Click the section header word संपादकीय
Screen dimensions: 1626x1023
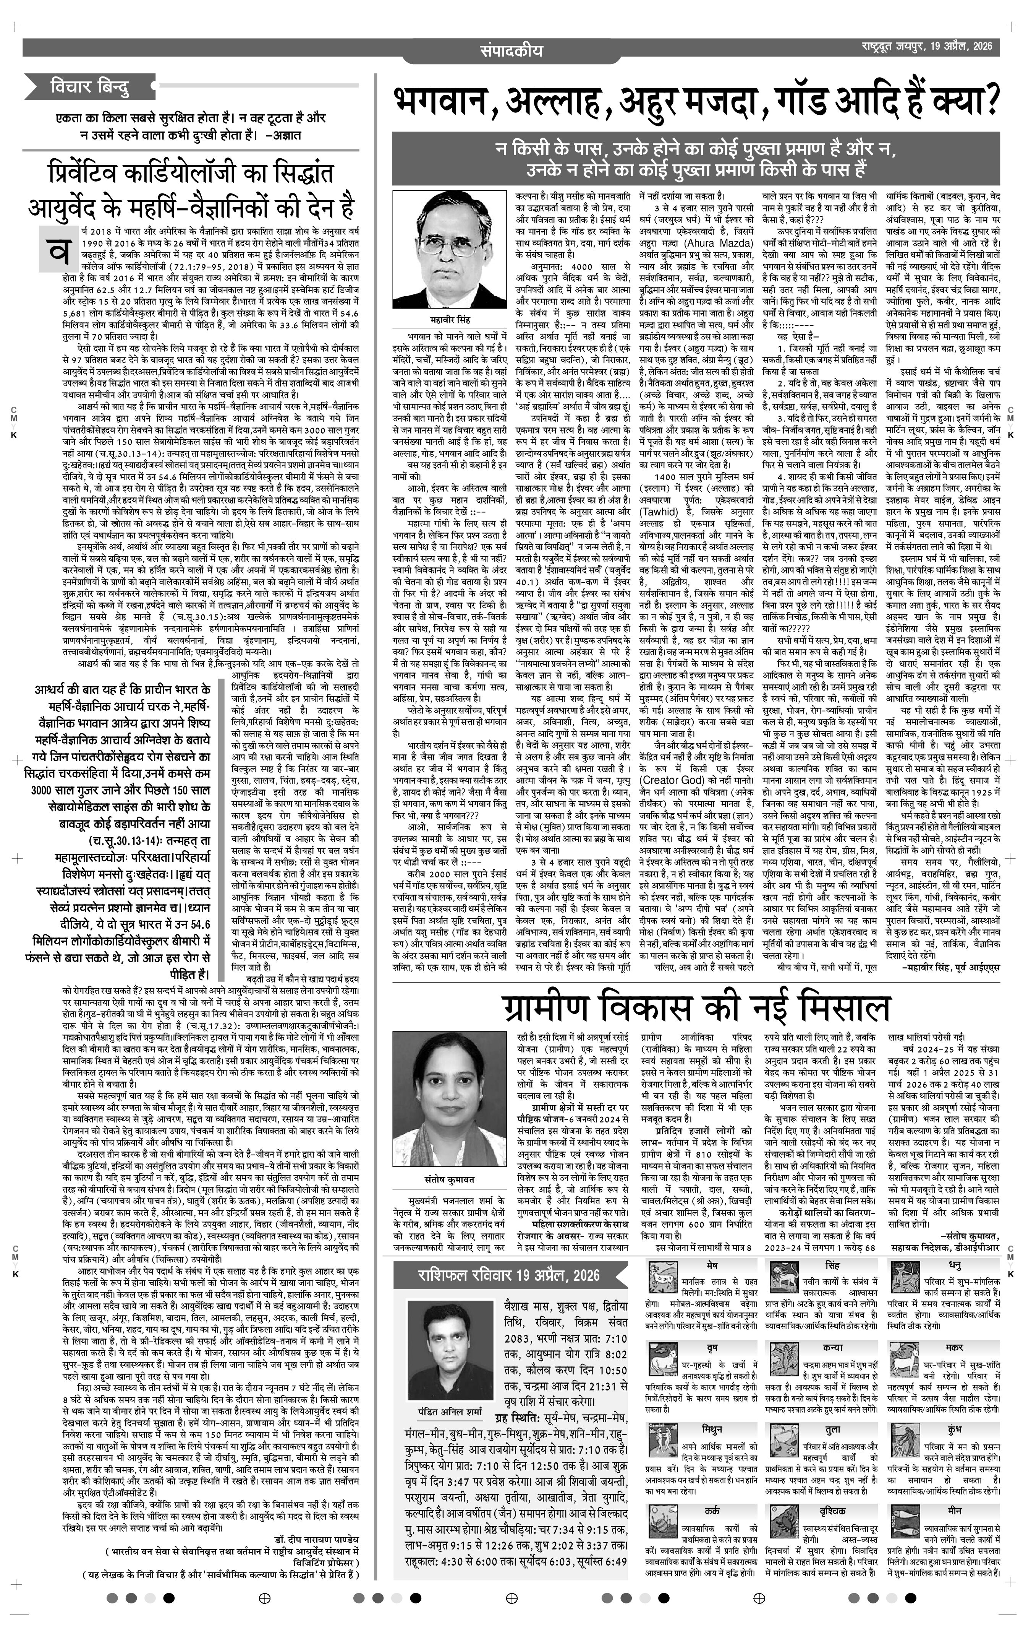point(511,50)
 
